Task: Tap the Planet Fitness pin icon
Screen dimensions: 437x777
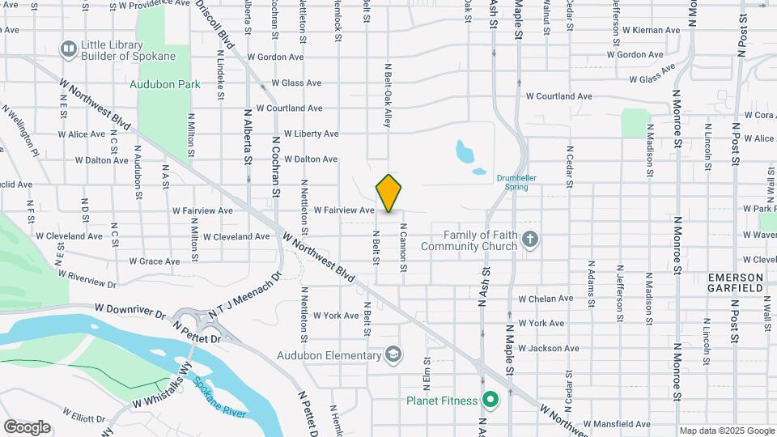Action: point(490,399)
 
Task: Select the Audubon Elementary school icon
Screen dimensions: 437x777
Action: point(393,354)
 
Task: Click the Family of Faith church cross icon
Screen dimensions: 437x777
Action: point(530,240)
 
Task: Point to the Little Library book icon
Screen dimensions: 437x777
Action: point(69,49)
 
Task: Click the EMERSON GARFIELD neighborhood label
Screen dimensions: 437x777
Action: point(736,282)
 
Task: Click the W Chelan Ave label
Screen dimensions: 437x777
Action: point(546,299)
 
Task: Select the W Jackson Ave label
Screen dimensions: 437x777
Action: point(549,348)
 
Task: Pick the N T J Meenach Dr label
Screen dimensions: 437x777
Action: point(244,295)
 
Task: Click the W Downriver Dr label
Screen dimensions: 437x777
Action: point(130,308)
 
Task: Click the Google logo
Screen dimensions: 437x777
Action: point(27,426)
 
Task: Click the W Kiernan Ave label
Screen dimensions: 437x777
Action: point(647,30)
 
